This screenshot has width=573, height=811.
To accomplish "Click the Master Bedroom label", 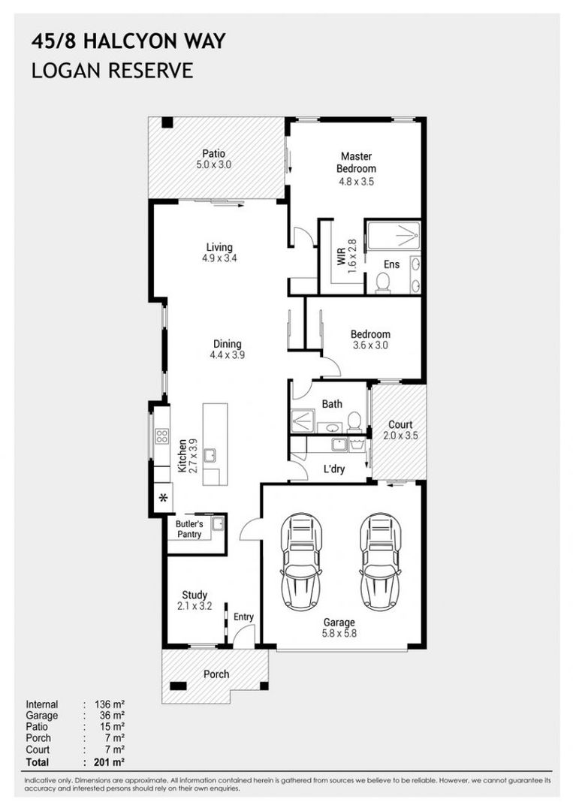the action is point(356,162).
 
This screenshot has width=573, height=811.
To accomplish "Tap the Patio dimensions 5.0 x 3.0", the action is point(213,165).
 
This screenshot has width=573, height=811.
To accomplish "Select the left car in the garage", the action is point(301,561).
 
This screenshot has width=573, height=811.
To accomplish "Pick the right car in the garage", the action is point(381,561).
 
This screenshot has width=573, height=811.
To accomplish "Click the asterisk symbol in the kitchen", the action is point(164,499).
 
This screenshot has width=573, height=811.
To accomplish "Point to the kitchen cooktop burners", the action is point(162,436).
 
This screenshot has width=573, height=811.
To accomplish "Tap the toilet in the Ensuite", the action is point(383,283).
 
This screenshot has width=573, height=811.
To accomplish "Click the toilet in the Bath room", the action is point(354,421).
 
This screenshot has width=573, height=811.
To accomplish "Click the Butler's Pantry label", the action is point(189,529).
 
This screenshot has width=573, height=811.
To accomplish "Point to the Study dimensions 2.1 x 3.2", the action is point(195,606).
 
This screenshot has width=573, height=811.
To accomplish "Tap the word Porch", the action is point(216,674).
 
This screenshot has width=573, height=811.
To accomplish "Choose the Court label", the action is point(400,424).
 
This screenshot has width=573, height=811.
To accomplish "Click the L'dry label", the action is point(334,469).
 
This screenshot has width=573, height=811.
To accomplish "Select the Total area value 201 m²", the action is point(110,761).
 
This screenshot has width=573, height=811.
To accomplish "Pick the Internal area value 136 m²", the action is point(110,704).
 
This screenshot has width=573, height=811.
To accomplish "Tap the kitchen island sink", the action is point(210,456).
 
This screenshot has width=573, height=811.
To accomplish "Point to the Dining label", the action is point(228,343).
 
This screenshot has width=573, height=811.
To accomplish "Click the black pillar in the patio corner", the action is point(167,122).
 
